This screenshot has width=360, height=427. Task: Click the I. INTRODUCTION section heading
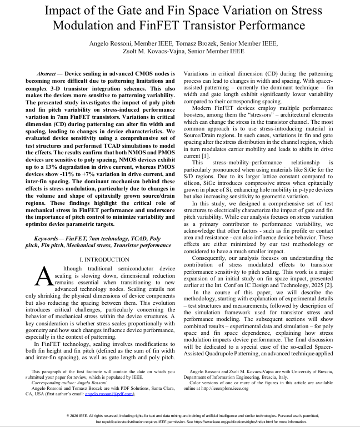coord(104,259)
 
